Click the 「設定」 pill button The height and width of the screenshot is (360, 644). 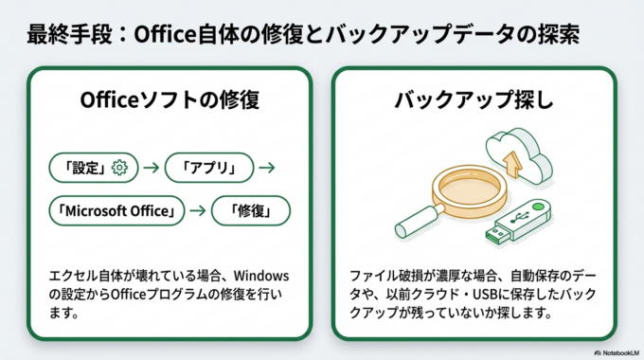pyautogui.click(x=91, y=168)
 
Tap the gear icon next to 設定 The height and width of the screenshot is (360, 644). pyautogui.click(x=119, y=168)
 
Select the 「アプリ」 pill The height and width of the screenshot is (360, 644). pyautogui.click(x=210, y=168)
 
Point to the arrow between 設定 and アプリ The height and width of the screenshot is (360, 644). pyautogui.click(x=150, y=168)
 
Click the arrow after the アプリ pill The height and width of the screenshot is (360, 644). pyautogui.click(x=267, y=168)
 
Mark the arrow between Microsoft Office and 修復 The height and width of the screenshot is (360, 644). pyautogui.click(x=198, y=210)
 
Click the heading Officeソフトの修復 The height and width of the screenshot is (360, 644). pyautogui.click(x=170, y=100)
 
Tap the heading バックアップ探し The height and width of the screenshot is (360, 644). pyautogui.click(x=474, y=100)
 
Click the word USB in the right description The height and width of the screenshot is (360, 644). pyautogui.click(x=521, y=293)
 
